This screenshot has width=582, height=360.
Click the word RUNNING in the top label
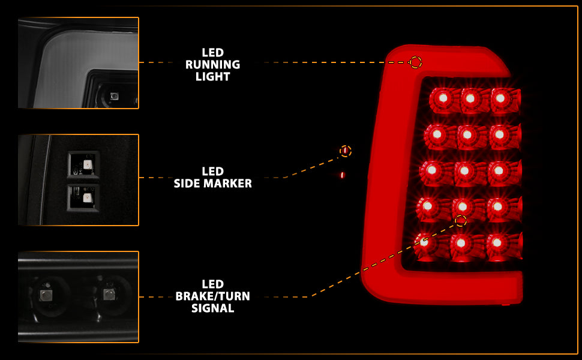click(x=213, y=65)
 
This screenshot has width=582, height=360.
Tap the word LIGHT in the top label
click(x=213, y=77)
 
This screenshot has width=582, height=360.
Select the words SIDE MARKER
click(x=213, y=184)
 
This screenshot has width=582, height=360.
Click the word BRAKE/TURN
click(x=213, y=296)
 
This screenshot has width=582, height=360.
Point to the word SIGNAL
click(x=213, y=308)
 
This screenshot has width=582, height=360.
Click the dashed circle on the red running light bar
click(x=415, y=62)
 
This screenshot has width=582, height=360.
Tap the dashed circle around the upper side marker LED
click(x=345, y=151)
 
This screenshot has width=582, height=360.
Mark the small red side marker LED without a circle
click(x=342, y=175)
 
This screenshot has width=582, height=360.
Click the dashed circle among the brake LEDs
click(x=460, y=220)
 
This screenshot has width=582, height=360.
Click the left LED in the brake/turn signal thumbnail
click(x=46, y=294)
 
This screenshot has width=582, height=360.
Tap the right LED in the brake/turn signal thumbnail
click(x=108, y=293)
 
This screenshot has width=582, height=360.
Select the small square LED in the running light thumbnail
click(x=115, y=96)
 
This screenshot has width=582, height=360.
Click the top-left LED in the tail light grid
click(x=442, y=98)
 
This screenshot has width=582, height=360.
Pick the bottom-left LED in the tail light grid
click(x=425, y=242)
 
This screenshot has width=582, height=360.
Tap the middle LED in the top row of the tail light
click(x=470, y=98)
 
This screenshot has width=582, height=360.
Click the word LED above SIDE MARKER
click(x=213, y=172)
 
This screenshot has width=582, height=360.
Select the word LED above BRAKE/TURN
click(x=213, y=284)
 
